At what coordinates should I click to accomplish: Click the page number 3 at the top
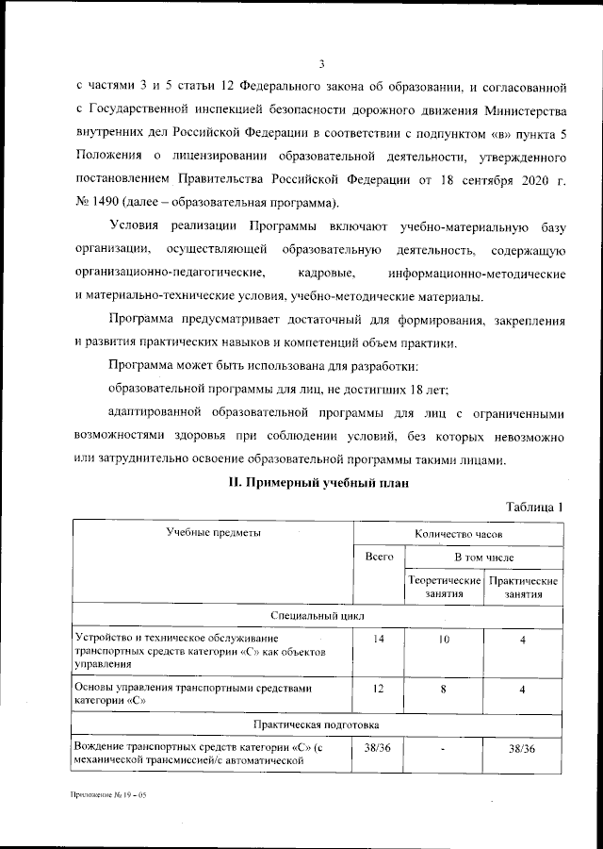pyautogui.click(x=320, y=64)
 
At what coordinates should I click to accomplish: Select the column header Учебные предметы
pyautogui.click(x=213, y=533)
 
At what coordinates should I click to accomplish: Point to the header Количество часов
pyautogui.click(x=458, y=533)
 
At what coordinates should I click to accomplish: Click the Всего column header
pyautogui.click(x=379, y=558)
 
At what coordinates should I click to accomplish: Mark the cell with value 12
pyautogui.click(x=379, y=690)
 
